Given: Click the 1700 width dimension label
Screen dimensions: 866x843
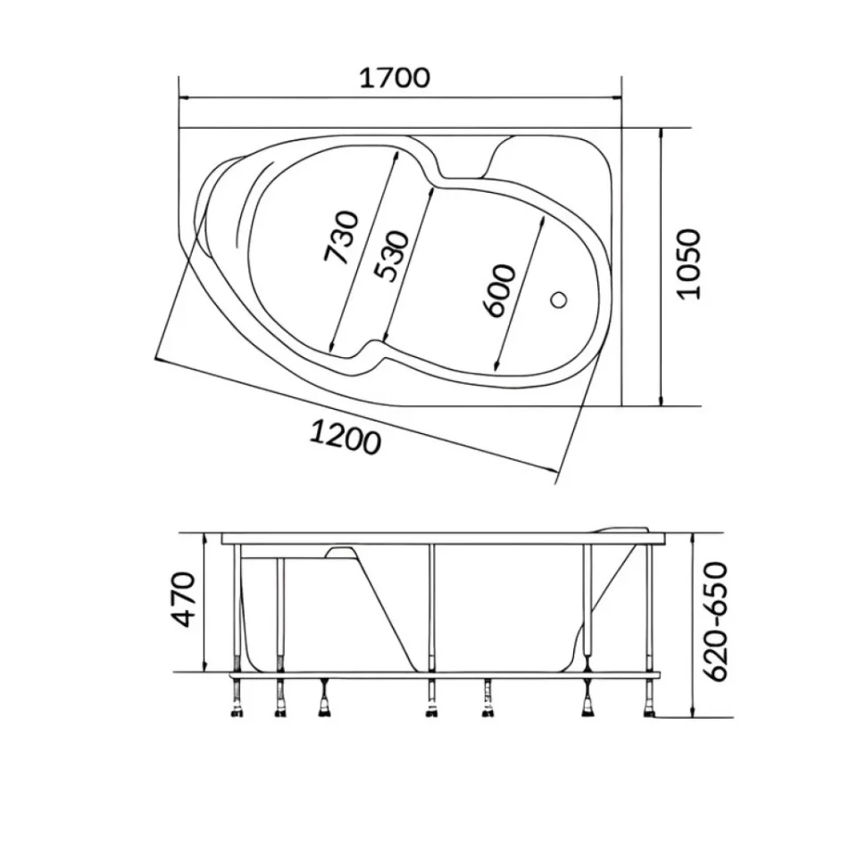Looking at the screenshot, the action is click(395, 78).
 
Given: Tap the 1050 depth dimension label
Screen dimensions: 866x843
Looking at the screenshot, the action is click(689, 264).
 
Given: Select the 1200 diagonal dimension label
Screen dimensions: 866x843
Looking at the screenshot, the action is click(346, 437).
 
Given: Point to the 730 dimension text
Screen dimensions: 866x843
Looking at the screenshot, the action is click(341, 237).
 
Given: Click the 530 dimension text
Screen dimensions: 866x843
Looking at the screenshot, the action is click(391, 256).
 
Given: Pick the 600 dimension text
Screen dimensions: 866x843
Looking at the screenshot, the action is click(498, 290).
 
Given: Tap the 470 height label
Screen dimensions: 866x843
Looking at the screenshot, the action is click(185, 599).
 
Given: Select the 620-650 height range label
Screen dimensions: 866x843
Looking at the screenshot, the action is click(716, 622).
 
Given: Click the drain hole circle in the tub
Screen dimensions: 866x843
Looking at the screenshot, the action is click(559, 300).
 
